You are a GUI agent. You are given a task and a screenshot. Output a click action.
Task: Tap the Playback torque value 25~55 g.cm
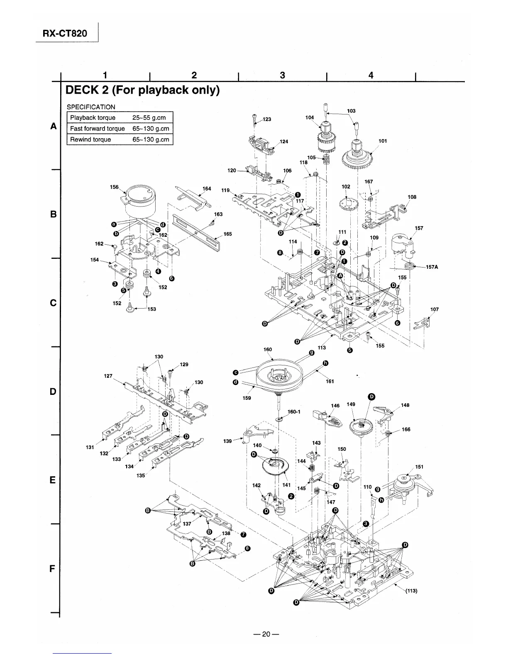(149, 118)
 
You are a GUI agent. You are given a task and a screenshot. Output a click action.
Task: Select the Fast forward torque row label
(97, 129)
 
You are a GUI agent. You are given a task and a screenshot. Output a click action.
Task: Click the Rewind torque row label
(90, 139)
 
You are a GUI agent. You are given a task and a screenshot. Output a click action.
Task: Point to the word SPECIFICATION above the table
(91, 107)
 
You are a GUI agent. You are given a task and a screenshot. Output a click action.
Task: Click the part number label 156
(114, 187)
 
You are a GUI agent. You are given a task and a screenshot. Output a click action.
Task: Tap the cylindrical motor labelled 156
(141, 201)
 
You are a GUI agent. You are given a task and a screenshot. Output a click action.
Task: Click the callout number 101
(383, 141)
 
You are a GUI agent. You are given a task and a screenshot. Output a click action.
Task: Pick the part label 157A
(432, 267)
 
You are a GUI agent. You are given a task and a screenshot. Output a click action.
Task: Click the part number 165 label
(227, 234)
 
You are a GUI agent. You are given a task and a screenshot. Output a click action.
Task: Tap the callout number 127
(108, 376)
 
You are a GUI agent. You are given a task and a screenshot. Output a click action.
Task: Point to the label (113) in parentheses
(411, 592)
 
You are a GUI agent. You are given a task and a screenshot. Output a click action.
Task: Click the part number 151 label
(419, 467)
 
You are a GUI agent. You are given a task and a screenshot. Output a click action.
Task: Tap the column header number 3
(282, 75)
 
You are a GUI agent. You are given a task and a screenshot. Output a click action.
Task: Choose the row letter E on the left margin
(53, 480)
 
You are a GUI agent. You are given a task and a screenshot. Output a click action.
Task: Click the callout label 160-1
(293, 412)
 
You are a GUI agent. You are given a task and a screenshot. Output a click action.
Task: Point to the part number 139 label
(227, 441)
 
